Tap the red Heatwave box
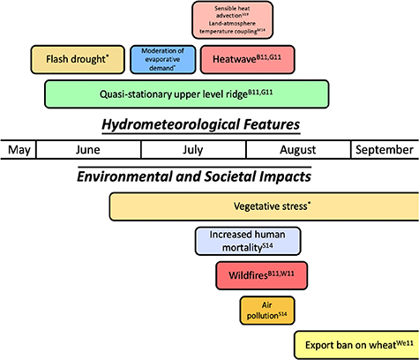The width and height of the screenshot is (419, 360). (247, 59)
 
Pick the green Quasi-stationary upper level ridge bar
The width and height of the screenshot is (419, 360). (187, 94)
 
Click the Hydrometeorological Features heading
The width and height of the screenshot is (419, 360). (198, 124)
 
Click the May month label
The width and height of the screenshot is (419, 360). (19, 150)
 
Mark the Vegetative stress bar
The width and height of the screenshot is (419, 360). (264, 206)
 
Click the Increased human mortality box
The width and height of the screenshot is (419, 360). (248, 241)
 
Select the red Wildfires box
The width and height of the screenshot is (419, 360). (267, 275)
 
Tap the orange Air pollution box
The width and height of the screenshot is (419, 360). (266, 310)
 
